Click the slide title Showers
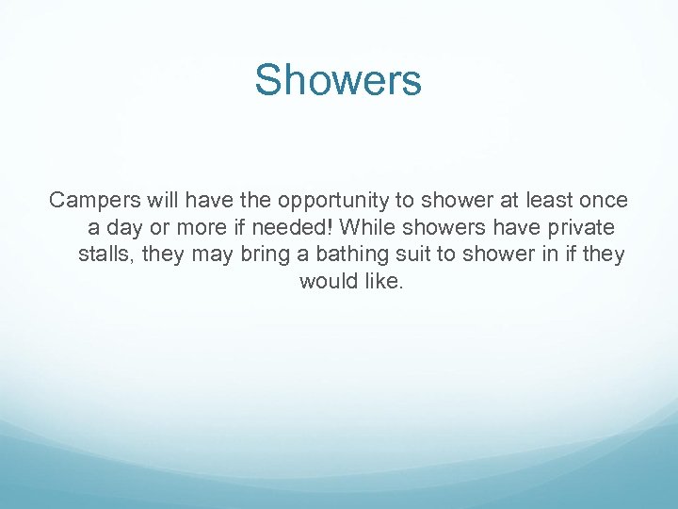tap(338, 80)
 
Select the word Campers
tap(89, 201)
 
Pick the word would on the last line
tap(328, 282)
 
